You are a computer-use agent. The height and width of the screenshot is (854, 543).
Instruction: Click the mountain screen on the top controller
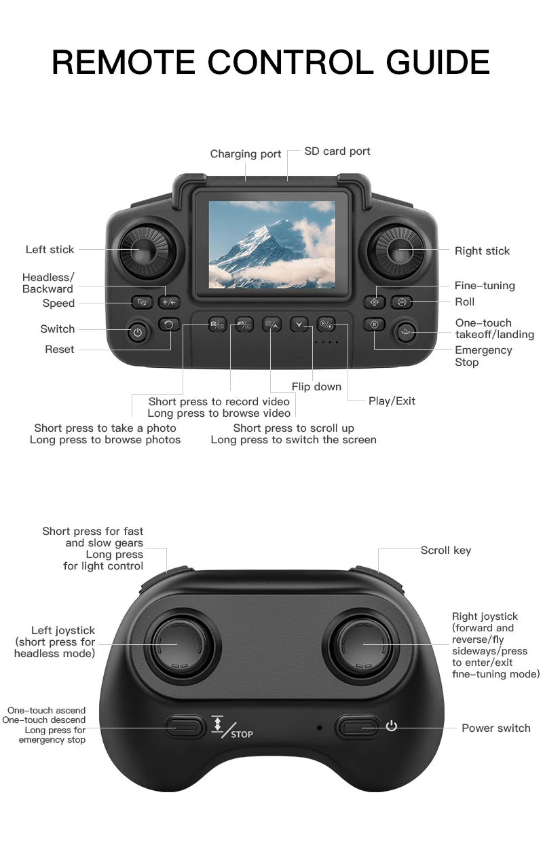pyautogui.click(x=271, y=244)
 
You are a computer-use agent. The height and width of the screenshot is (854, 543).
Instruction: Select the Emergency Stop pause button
pyautogui.click(x=374, y=324)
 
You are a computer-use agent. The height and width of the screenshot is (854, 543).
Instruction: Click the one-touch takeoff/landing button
pyautogui.click(x=407, y=332)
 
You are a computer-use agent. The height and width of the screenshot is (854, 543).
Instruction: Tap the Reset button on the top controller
pyautogui.click(x=168, y=324)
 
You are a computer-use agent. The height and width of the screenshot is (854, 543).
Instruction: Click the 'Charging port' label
pyautogui.click(x=245, y=154)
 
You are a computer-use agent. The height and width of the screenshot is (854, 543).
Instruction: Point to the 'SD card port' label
pyautogui.click(x=337, y=151)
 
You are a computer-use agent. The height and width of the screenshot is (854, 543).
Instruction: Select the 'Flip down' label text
pyautogui.click(x=316, y=386)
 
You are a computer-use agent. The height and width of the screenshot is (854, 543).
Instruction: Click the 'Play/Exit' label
pyautogui.click(x=392, y=401)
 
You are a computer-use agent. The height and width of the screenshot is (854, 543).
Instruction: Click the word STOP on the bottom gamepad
pyautogui.click(x=242, y=735)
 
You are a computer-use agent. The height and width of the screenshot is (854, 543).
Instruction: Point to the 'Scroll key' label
pyautogui.click(x=445, y=551)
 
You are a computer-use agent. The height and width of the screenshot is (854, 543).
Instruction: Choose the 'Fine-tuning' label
pyautogui.click(x=484, y=286)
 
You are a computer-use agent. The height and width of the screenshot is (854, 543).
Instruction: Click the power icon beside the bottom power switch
pyautogui.click(x=392, y=726)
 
